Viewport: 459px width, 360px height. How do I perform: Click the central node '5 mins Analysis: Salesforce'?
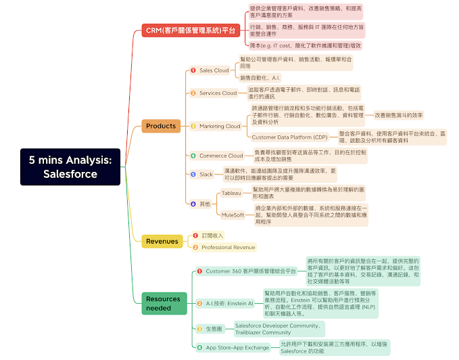coord(70,166)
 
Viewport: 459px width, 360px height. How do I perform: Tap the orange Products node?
coord(161,126)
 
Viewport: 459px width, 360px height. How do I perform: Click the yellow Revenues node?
coord(162,241)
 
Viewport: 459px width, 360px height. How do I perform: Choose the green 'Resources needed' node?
coord(163,303)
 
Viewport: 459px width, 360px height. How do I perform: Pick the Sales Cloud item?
coord(214,70)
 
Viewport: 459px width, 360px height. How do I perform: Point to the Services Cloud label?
coord(218,93)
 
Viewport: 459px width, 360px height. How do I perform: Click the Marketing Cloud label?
coord(220,126)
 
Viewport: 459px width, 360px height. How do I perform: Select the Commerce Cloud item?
coord(221,156)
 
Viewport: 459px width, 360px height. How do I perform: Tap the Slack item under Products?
coord(206,174)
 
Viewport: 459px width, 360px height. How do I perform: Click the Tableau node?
coord(231,194)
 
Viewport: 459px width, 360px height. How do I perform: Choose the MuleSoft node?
coord(233,215)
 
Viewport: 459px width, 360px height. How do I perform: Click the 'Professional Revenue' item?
coord(228,248)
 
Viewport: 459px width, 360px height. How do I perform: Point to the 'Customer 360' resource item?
coord(251,271)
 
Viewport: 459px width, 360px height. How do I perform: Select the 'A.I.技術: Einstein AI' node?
coord(229,303)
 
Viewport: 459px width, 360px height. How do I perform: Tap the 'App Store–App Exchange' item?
coord(237,347)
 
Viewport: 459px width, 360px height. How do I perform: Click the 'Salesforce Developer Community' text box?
coord(278,329)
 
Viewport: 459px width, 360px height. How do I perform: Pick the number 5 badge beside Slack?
coord(193,174)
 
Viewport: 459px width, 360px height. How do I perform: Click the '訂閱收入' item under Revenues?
coord(212,235)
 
